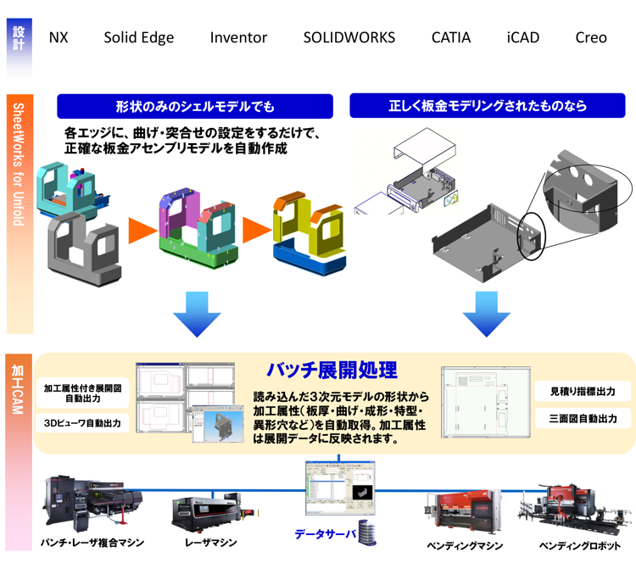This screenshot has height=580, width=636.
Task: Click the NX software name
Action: click(x=59, y=37)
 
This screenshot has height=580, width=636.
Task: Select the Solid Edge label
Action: click(x=139, y=37)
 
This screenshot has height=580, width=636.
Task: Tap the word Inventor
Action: click(x=238, y=37)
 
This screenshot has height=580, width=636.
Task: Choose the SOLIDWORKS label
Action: click(x=349, y=37)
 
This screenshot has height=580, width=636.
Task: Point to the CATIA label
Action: click(x=450, y=37)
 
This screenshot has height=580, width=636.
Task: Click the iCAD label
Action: click(x=522, y=37)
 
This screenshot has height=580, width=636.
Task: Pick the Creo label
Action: click(x=590, y=37)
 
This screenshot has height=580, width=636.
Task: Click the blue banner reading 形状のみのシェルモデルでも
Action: click(x=195, y=106)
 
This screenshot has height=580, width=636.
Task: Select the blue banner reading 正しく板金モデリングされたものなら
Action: click(x=488, y=106)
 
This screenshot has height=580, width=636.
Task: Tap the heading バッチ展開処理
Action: click(x=332, y=371)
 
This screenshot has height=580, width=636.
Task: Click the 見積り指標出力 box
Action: click(x=583, y=391)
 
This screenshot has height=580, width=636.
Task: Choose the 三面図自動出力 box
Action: click(x=583, y=418)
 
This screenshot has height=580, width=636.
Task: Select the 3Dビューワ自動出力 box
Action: click(x=82, y=422)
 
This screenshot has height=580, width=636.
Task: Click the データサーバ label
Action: click(x=325, y=534)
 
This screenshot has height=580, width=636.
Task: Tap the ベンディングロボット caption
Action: click(x=579, y=545)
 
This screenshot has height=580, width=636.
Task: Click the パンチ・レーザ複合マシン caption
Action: click(x=92, y=543)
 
